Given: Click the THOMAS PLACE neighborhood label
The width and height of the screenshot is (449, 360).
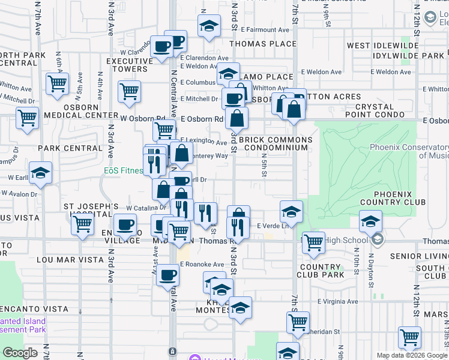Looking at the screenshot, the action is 262,44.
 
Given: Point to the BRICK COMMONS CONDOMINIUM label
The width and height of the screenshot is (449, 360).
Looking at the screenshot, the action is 276,144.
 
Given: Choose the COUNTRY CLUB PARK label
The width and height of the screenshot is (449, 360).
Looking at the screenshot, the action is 321,271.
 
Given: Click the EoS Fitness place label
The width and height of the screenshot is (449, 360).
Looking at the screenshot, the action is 123,170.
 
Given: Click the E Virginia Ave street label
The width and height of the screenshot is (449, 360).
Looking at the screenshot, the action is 338,301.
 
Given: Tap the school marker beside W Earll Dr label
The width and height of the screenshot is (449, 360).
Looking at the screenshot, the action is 41,173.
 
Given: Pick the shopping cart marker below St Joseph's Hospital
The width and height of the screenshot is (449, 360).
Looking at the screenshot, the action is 82,224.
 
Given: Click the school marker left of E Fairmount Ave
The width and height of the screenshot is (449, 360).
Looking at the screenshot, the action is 209,26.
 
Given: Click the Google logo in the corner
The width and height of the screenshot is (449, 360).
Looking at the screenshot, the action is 20,353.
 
